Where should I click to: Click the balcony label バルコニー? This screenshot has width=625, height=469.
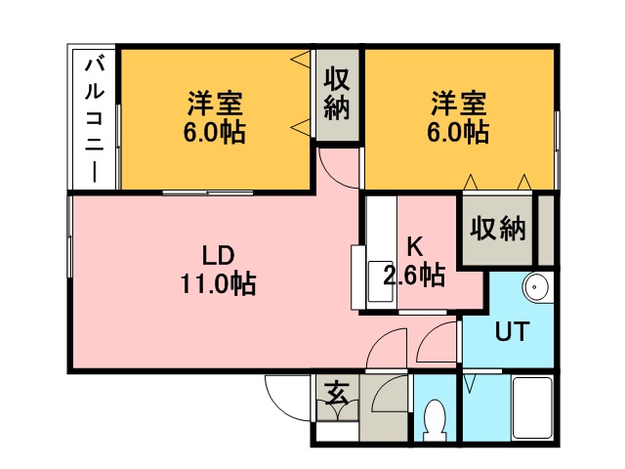(x=95, y=119)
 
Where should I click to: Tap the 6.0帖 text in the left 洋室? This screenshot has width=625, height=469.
(x=215, y=131)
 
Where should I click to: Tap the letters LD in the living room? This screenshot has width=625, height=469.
(x=217, y=256)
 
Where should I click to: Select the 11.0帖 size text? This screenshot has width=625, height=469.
(x=217, y=284)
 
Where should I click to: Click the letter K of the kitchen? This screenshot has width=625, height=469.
(x=415, y=247)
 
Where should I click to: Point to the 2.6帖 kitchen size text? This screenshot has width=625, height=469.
(x=415, y=276)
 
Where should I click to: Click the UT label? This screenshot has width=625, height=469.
(x=512, y=332)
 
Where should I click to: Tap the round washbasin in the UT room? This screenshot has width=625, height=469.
(x=536, y=288)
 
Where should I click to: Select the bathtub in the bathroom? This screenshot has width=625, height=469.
(x=534, y=408)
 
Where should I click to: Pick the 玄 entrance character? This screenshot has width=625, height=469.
(x=336, y=394)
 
